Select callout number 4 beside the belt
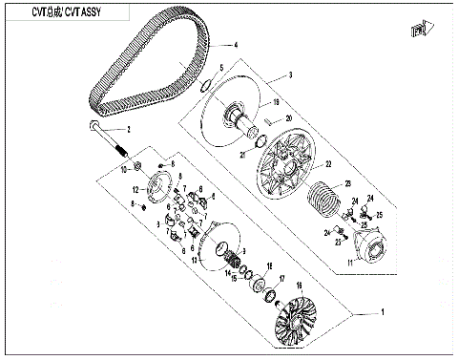pyautogui.click(x=236, y=46)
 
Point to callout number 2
pyautogui.click(x=144, y=128)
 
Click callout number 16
pyautogui.click(x=298, y=285)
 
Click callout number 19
pyautogui.click(x=277, y=102)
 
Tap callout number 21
pyautogui.click(x=243, y=155)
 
